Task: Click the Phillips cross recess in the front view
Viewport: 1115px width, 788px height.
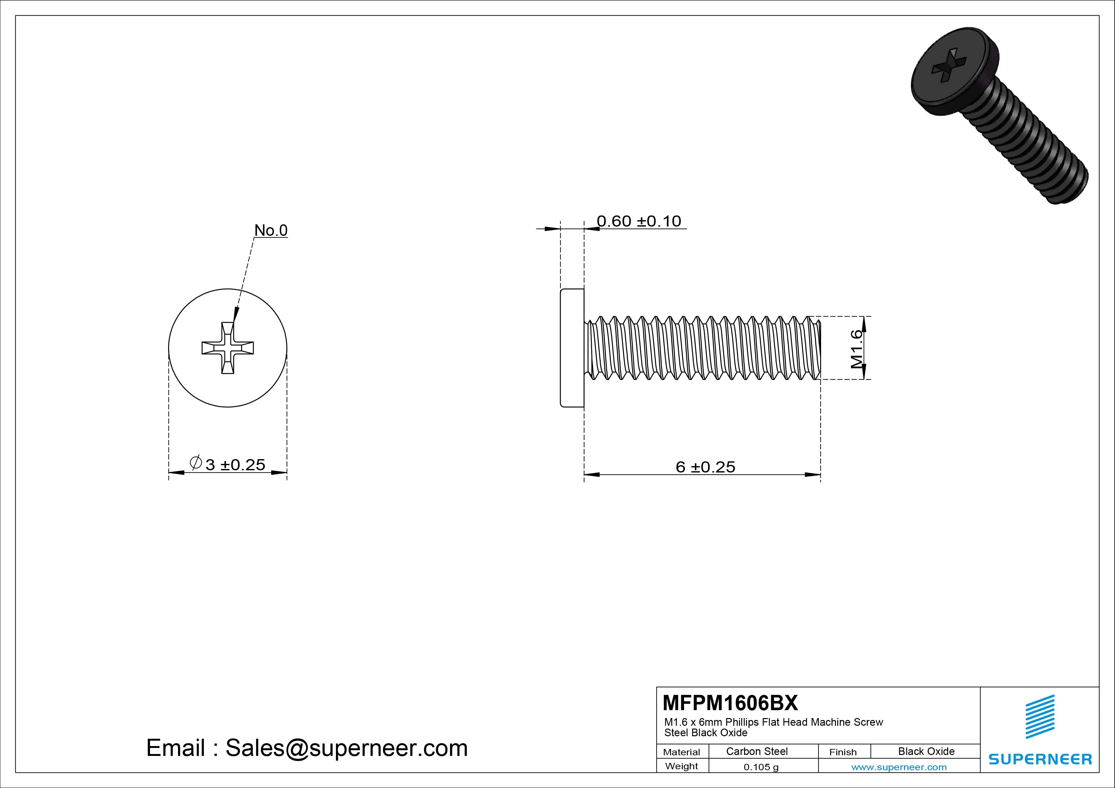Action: [228, 348]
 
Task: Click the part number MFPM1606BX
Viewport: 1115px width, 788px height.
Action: [730, 703]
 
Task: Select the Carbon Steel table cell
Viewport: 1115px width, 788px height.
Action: [756, 751]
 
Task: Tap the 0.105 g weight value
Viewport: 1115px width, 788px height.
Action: [761, 767]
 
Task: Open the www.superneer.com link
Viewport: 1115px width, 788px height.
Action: [899, 767]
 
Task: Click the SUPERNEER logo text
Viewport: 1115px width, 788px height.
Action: [1040, 759]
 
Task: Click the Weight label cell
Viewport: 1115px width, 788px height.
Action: [681, 766]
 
